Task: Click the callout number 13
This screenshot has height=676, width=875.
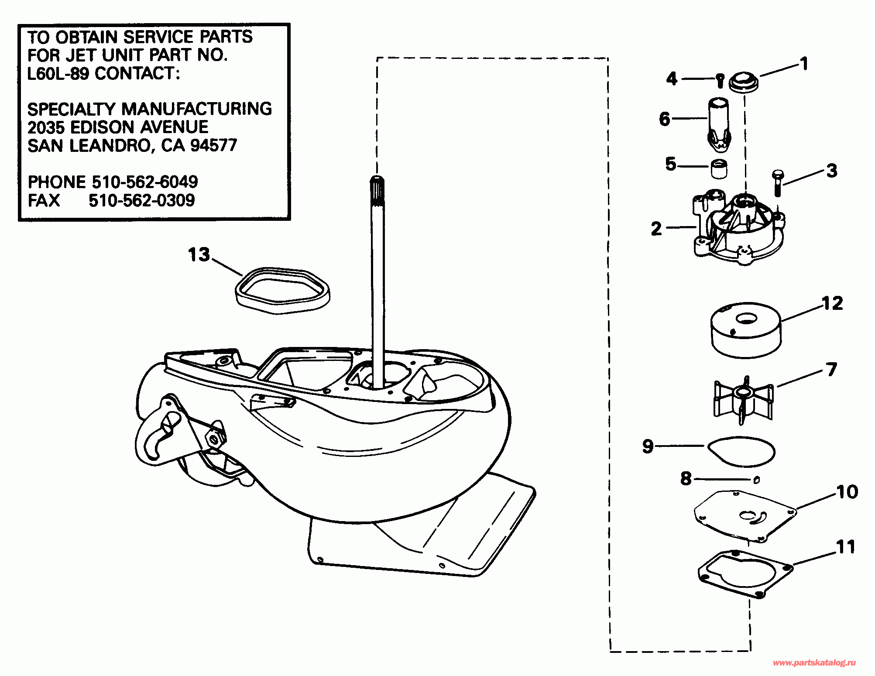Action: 199,254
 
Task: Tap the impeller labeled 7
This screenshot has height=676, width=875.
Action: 743,400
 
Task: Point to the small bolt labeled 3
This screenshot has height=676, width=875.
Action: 777,183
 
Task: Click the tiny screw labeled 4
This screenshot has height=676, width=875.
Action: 720,81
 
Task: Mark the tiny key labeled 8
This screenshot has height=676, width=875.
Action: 757,480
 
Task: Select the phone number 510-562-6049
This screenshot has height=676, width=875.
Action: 144,182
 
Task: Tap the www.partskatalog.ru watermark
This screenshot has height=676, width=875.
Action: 814,663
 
